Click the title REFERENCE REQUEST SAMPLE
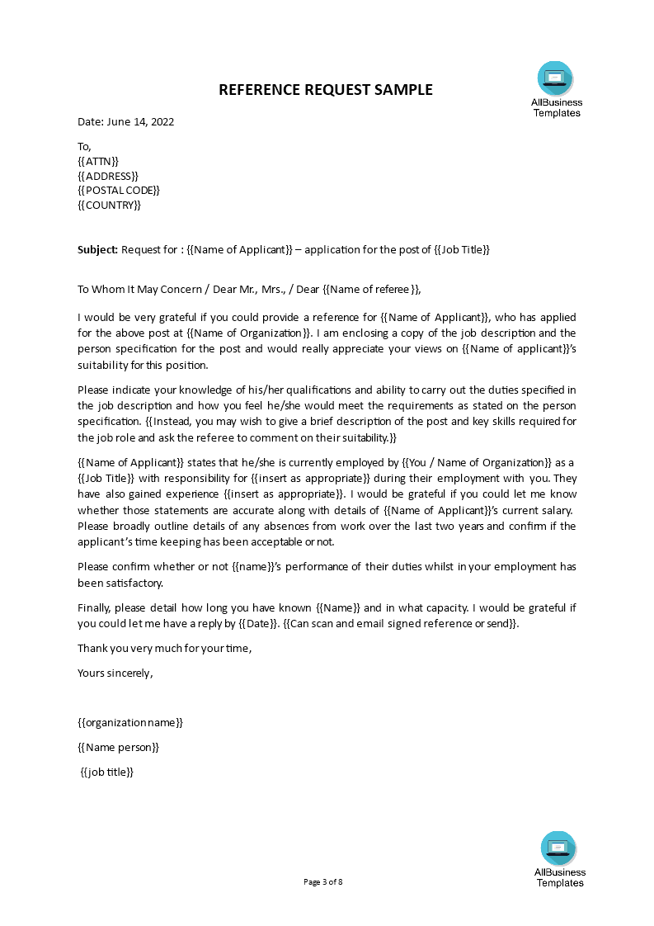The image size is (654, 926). tap(325, 90)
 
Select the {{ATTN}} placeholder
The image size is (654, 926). tap(98, 161)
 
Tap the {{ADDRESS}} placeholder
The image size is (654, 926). tap(108, 176)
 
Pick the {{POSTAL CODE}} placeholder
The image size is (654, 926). tap(119, 191)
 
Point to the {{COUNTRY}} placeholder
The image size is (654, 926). tap(109, 206)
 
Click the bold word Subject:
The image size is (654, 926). tap(98, 250)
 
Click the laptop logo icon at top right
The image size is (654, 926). tap(555, 79)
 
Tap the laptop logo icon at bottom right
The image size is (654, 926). tap(558, 848)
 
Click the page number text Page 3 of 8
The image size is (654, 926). tap(323, 881)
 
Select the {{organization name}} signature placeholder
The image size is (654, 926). tap(130, 722)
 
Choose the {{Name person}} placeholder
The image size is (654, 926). tap(118, 747)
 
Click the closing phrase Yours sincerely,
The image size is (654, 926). tap(115, 673)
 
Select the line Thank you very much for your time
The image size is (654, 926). tap(164, 648)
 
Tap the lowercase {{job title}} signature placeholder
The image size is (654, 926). tap(107, 772)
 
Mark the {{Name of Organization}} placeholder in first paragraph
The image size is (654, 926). tap(250, 333)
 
